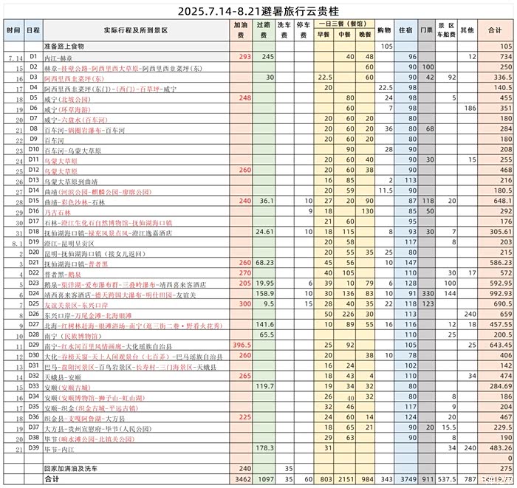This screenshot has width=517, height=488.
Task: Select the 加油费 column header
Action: click(x=241, y=30)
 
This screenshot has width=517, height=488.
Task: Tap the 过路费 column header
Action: click(x=265, y=30)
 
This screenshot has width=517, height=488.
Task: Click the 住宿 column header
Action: click(x=405, y=30)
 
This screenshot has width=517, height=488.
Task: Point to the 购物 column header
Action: click(x=384, y=30)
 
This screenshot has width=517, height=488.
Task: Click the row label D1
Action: click(x=33, y=56)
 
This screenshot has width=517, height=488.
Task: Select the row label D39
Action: click(x=33, y=447)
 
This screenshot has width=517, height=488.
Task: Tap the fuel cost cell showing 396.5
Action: click(x=241, y=345)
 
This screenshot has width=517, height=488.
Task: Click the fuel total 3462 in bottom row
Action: click(x=241, y=478)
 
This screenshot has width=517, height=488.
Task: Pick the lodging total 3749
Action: click(x=408, y=478)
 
